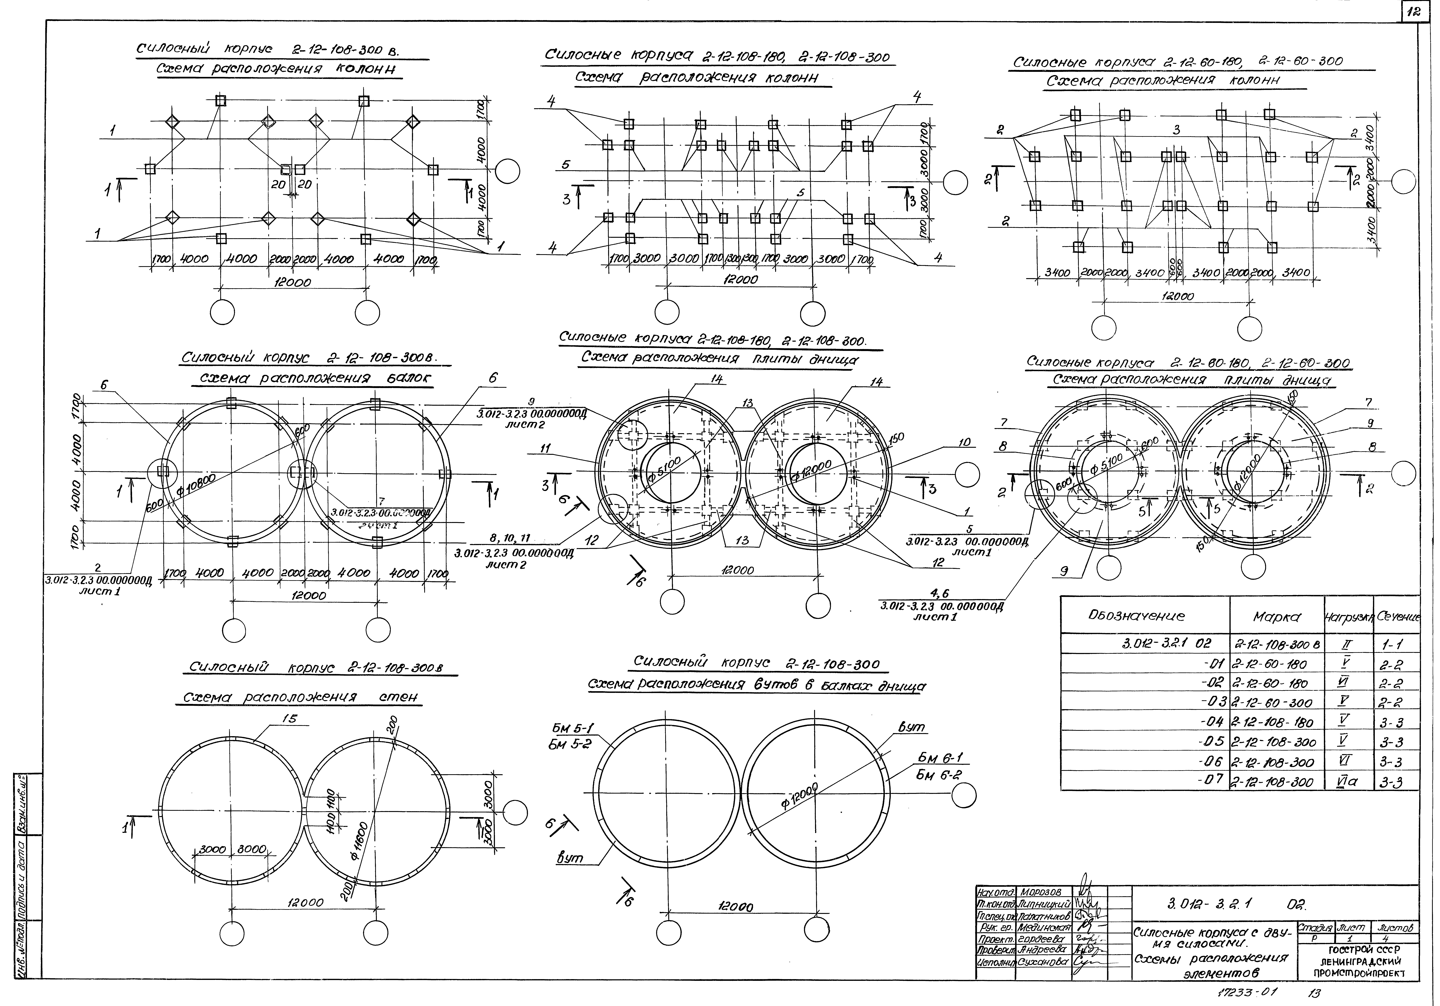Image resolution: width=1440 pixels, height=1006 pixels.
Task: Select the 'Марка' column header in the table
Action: [1276, 617]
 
